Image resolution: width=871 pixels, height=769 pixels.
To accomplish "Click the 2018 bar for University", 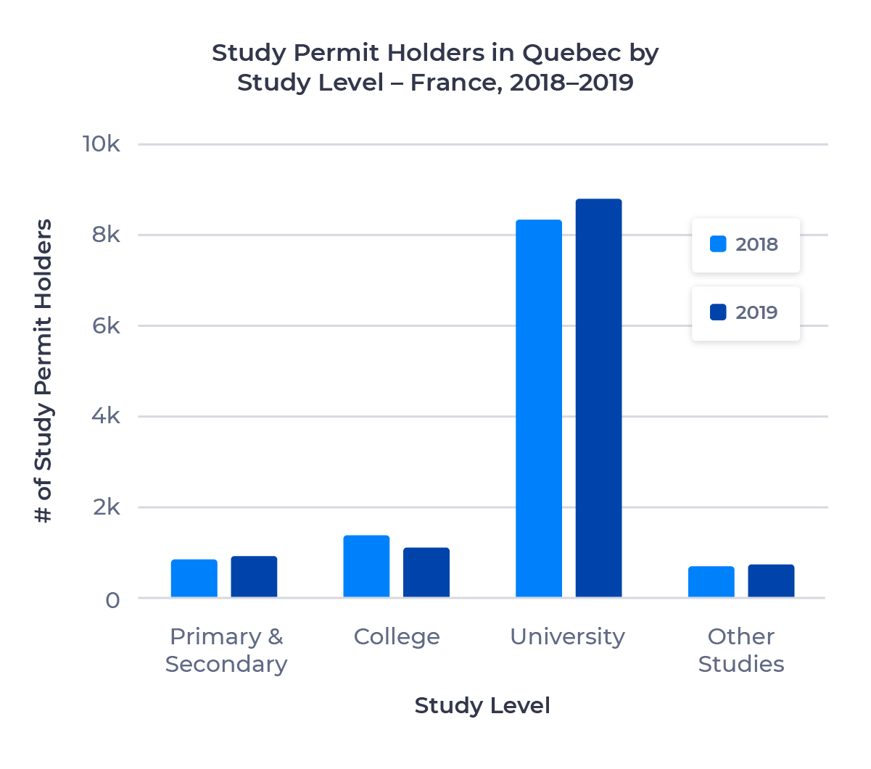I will point(539,409).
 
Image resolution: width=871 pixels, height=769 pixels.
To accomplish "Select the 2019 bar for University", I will point(598,399).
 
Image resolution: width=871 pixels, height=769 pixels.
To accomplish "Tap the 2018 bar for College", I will point(366,567).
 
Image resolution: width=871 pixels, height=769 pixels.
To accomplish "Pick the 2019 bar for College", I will point(426,573).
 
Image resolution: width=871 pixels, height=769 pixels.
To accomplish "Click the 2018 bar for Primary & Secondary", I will point(194,578).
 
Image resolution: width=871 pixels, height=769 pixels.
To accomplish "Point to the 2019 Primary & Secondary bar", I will point(254,577).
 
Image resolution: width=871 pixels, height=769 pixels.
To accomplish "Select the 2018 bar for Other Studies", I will point(711,582).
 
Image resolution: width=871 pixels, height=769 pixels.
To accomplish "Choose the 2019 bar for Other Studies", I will point(771,581).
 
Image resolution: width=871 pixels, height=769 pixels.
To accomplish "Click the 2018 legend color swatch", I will point(718,244).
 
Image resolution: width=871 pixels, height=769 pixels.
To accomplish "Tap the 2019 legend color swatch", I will point(718,312).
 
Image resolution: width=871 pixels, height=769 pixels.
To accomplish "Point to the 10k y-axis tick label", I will point(101,144).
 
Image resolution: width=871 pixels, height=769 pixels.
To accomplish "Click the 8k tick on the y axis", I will point(106,235).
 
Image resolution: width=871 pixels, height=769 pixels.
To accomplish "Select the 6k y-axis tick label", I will point(106,326).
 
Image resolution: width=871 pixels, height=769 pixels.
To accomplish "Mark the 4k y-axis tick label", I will point(106,417).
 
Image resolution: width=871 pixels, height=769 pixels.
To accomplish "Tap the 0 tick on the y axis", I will point(112,600).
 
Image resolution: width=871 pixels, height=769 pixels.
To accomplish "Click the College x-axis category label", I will point(397,636).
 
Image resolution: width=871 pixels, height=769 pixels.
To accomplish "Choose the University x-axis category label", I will point(567,636).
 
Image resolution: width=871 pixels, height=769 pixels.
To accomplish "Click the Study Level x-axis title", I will point(482,705).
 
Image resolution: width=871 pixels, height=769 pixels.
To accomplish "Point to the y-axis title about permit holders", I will point(44,371).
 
